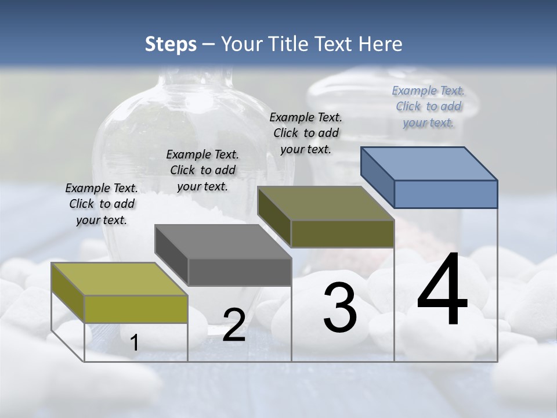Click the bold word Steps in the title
[170, 44]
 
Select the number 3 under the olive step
[340, 308]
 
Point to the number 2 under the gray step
[234, 326]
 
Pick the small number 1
[134, 343]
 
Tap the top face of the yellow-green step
[119, 279]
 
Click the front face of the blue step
[446, 194]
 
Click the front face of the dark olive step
[342, 233]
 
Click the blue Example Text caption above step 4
[428, 106]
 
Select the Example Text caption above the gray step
[202, 170]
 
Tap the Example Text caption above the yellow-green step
[102, 204]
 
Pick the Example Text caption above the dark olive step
[306, 133]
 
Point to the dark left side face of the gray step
[171, 255]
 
